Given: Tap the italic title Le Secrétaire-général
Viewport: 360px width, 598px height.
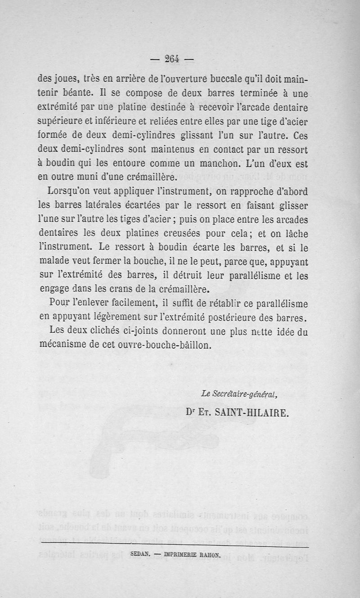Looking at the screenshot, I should [239, 394].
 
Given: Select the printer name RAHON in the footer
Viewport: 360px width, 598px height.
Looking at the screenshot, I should [207, 555].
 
